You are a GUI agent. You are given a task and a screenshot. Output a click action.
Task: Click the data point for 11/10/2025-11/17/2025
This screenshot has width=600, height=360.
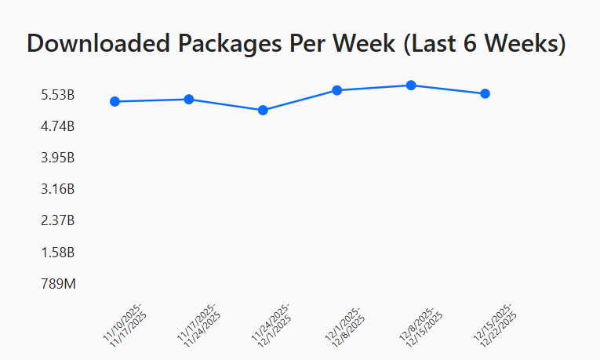pos(115,101)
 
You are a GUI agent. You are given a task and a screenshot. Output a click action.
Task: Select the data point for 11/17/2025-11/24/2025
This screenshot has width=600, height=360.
pos(189,99)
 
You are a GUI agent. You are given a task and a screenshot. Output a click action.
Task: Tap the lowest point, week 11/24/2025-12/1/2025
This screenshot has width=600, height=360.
pos(263,110)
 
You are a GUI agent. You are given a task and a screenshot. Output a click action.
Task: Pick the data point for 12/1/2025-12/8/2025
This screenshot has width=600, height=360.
pos(336,90)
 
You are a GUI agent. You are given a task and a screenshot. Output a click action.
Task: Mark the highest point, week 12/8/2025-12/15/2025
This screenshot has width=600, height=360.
pos(411,85)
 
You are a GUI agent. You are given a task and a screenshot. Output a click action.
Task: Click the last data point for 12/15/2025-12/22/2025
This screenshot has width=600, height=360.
pos(485,93)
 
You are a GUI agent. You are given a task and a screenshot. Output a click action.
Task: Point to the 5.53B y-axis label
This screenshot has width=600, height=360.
pos(58,95)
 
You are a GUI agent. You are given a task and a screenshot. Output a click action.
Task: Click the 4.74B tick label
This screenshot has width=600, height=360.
pos(58,126)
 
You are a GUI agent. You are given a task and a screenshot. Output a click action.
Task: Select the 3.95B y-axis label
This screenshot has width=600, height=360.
pos(58,158)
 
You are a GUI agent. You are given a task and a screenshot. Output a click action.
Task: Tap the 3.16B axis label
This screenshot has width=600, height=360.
pos(58,189)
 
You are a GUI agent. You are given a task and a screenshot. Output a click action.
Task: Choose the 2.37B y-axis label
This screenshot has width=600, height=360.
pos(58,220)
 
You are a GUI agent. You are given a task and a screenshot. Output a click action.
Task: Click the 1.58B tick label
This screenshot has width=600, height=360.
pos(58,253)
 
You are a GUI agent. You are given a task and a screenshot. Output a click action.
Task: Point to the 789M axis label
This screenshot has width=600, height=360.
pos(59,284)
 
